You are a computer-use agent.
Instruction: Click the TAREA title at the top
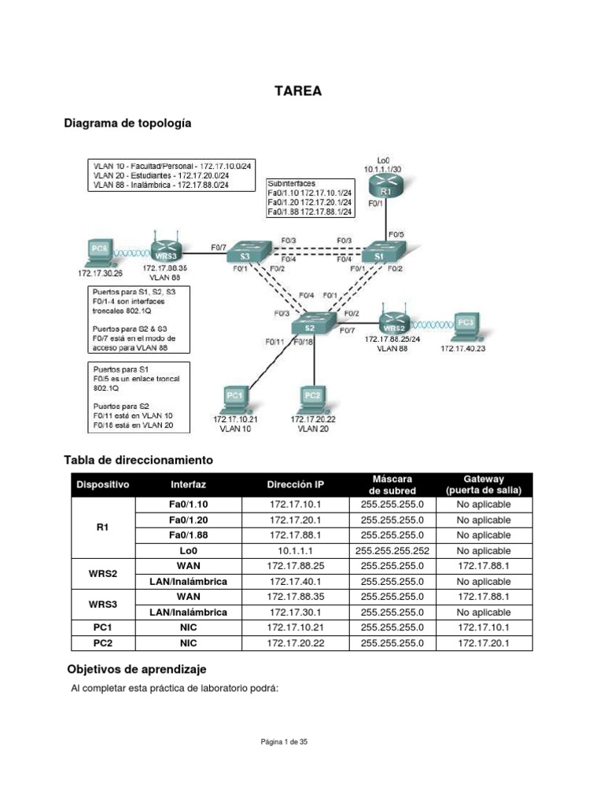(297, 91)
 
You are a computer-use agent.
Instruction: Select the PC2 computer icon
(312, 398)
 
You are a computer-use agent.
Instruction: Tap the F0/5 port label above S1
(396, 233)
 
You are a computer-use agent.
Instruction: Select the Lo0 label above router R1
(383, 160)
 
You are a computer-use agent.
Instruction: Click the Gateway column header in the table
(484, 484)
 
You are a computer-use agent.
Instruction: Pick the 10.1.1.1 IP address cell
(296, 551)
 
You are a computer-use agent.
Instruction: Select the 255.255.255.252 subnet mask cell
(392, 551)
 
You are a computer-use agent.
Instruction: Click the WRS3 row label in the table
(102, 605)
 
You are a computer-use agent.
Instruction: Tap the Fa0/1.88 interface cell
(189, 535)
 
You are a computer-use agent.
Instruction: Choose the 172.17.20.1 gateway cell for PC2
(484, 643)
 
